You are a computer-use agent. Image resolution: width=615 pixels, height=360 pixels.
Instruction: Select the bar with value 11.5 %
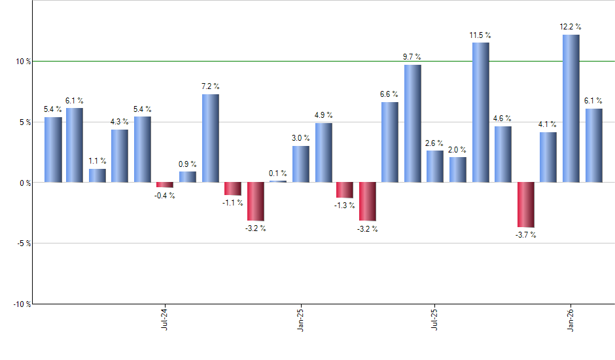(480, 112)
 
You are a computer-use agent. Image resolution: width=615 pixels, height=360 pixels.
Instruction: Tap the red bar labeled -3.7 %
(525, 204)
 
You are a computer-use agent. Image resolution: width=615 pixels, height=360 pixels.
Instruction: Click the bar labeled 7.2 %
(210, 138)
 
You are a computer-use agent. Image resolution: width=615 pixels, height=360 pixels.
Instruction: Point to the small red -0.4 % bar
(165, 185)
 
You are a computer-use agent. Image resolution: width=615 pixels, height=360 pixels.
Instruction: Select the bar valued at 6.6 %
(389, 142)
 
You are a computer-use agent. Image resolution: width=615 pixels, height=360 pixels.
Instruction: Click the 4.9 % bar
(323, 153)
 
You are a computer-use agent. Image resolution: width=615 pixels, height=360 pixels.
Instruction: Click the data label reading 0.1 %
(278, 173)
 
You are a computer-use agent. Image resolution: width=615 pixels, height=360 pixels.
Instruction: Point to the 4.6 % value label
(502, 118)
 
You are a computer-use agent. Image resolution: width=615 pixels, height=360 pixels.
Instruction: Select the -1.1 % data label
(233, 203)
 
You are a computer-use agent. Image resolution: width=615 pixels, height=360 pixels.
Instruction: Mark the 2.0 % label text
(457, 149)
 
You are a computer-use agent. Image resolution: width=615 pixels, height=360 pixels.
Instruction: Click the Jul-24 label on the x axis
(164, 319)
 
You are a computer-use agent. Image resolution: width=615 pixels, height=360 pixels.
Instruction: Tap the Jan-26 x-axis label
(571, 319)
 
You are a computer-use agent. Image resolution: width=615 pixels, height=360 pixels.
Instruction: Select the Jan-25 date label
(300, 319)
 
